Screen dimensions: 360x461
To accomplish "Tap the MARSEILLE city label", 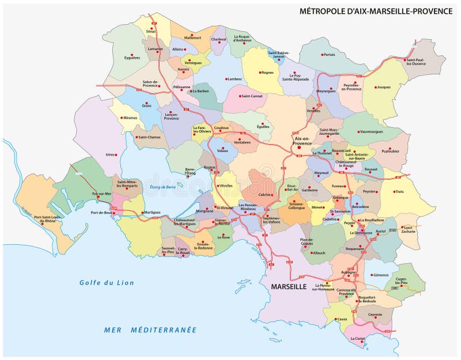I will (285, 286).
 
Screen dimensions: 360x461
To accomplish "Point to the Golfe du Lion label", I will (107, 283).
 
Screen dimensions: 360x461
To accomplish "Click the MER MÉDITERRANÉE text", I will (150, 329).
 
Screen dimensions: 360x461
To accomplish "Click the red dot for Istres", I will (116, 155).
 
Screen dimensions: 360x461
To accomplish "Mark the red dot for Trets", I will (396, 192).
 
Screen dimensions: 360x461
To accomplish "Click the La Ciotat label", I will (358, 338).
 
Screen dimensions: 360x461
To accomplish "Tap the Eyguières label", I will (132, 41).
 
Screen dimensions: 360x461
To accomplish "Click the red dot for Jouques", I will (375, 88).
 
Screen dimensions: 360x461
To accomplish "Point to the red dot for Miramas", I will (122, 118).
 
